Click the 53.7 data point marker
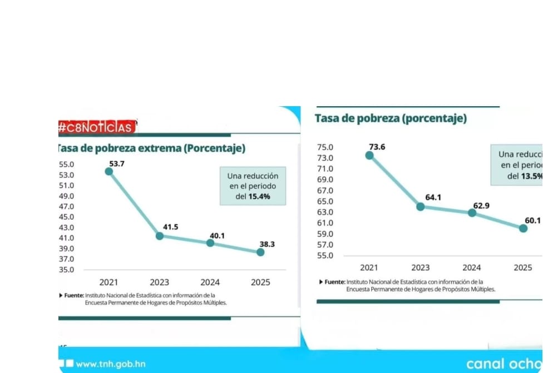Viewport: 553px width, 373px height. [x=109, y=171]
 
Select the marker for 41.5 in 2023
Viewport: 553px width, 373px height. [x=160, y=236]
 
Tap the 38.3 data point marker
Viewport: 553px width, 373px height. [x=260, y=252]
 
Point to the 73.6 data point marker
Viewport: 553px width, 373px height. [x=369, y=155]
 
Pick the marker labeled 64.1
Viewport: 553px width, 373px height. [x=421, y=207]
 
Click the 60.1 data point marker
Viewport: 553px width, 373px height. [x=523, y=228]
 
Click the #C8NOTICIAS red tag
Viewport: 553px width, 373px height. [x=97, y=127]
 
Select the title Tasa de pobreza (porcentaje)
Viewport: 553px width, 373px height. [x=391, y=118]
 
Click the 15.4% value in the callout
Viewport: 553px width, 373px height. [x=260, y=196]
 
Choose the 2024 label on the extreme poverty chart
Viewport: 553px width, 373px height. [x=210, y=282]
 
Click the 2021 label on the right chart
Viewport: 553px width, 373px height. [x=369, y=268]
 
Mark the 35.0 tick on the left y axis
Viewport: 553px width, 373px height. [x=66, y=270]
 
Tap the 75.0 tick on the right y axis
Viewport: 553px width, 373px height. [x=325, y=147]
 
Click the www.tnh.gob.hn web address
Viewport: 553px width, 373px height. [x=111, y=364]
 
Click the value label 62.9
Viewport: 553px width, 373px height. [x=481, y=206]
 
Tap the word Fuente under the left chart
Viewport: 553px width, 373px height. [x=73, y=295]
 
